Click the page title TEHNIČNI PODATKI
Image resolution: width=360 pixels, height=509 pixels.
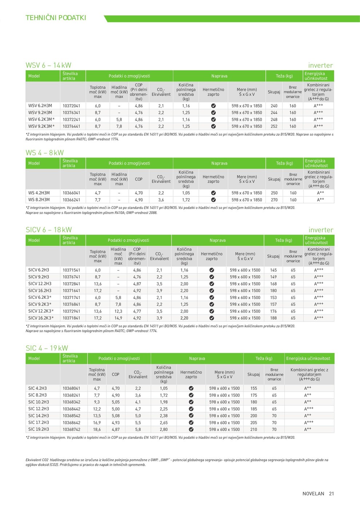pos(56,18)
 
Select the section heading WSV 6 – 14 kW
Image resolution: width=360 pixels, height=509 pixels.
pos(48,65)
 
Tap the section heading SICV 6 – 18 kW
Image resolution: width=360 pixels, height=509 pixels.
pos(49,230)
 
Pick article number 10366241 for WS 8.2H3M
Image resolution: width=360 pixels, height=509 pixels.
pos(71,200)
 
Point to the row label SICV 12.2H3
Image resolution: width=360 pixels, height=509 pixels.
pos(40,284)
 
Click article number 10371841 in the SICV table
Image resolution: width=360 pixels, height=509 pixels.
pos(71,318)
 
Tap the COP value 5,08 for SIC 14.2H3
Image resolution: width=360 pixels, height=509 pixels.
pos(116,416)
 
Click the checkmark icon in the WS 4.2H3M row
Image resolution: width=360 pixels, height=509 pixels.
pos(213,193)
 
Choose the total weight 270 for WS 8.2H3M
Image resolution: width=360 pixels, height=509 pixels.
pos(274,200)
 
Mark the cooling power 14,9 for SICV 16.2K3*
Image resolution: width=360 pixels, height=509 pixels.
pos(118,318)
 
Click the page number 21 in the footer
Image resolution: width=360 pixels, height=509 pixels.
pos(331,494)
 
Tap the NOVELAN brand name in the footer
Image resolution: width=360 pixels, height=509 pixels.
pos(313,494)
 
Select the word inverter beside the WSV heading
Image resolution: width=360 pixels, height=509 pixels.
pos(320,65)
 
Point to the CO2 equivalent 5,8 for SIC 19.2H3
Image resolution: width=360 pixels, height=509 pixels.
pos(138,430)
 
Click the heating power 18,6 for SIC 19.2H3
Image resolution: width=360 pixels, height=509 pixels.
pos(97,430)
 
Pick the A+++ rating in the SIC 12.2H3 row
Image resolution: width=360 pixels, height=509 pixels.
pos(308,409)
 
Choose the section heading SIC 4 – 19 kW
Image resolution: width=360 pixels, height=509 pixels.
pos(47,348)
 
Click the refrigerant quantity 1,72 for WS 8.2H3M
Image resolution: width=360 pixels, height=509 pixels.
pos(186,200)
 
